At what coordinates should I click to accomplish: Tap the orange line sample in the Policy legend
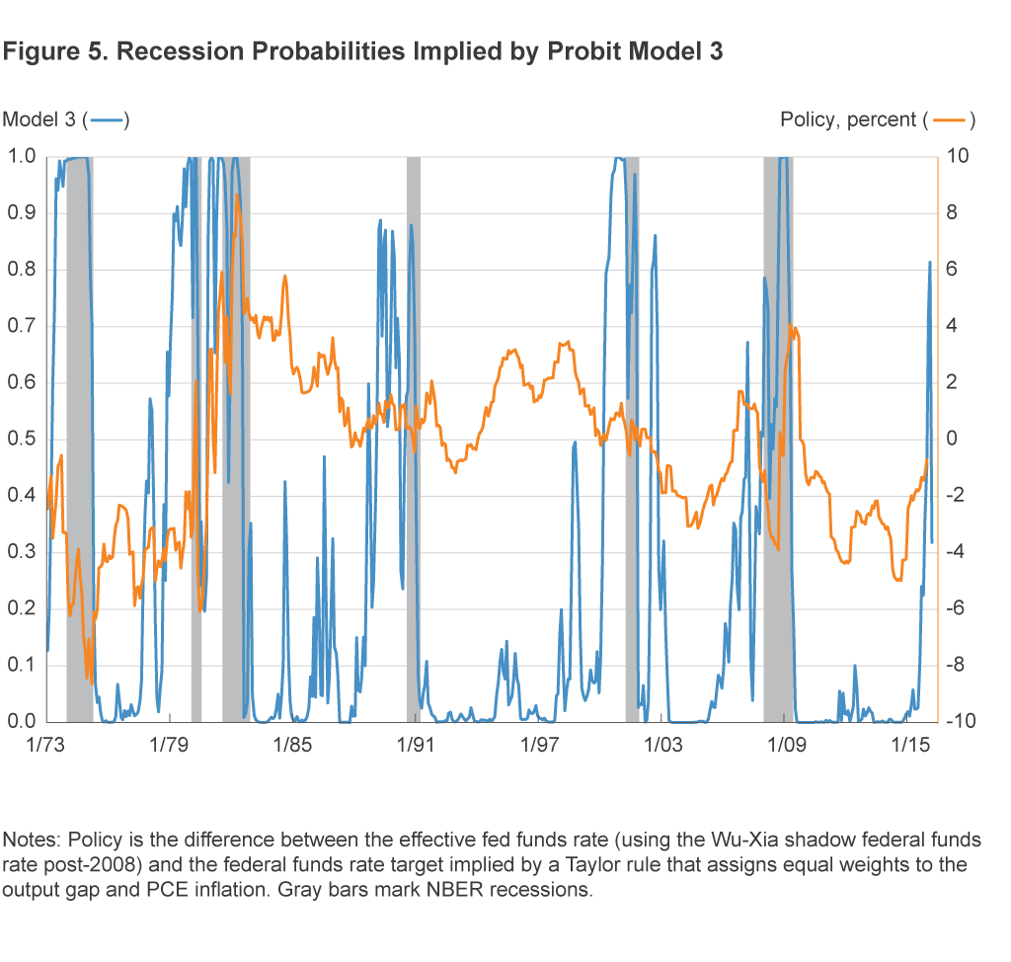point(948,120)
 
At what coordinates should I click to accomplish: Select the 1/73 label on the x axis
point(46,744)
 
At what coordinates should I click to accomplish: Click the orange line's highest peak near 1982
point(237,195)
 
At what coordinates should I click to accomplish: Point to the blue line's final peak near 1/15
point(929,263)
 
